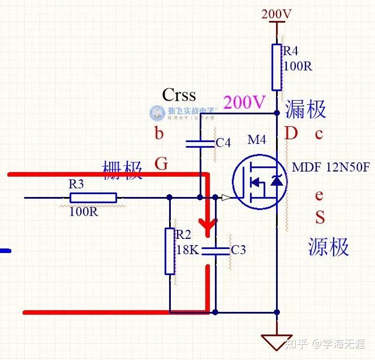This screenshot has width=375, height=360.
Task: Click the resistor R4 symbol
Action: (277, 67)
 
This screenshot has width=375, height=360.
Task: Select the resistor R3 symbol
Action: (93, 198)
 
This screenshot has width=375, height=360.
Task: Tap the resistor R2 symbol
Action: (170, 251)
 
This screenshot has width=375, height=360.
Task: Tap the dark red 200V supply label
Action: (277, 14)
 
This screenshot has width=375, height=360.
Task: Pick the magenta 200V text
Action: (244, 102)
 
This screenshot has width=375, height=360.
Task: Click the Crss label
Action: (179, 94)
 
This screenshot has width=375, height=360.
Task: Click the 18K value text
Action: (187, 250)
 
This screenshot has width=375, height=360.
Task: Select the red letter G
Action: (161, 164)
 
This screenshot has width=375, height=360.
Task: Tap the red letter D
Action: (291, 134)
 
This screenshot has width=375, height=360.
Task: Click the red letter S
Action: (320, 217)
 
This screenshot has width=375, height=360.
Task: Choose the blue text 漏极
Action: (306, 108)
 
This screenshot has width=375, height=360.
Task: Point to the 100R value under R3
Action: (84, 212)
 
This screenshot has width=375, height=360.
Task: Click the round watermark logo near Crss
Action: (157, 113)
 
